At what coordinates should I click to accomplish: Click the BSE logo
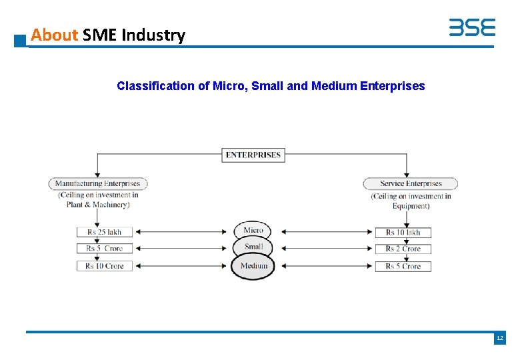point(471,27)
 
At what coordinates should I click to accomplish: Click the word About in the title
point(55,35)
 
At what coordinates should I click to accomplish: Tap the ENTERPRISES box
point(253,155)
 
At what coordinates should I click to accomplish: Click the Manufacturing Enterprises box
point(97,183)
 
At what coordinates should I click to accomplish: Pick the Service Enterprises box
point(411,183)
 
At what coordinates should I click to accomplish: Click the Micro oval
point(253,231)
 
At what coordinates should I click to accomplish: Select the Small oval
point(253,247)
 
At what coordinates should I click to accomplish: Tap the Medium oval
point(253,266)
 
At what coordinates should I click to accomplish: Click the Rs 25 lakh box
point(104,232)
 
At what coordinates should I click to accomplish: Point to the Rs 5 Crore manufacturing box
point(104,249)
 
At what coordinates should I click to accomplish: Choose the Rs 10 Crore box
point(104,266)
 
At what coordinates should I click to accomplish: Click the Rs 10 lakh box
point(403,232)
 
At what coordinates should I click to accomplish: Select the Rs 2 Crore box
point(403,249)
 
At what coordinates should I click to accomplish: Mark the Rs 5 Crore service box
point(403,266)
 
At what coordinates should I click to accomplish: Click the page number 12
point(499,339)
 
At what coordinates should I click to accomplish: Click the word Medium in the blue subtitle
point(333,86)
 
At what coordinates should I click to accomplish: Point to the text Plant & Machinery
point(97,205)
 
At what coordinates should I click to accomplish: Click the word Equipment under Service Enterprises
point(411,206)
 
